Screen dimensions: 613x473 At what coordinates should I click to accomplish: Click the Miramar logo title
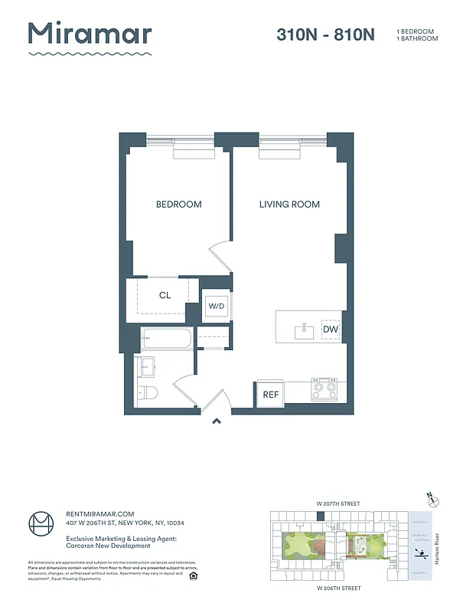[x=90, y=34]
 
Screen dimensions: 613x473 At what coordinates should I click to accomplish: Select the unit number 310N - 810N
[x=325, y=34]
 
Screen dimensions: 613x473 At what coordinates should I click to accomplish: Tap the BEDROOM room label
[x=178, y=205]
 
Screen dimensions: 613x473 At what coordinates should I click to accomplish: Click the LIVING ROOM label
[x=289, y=205]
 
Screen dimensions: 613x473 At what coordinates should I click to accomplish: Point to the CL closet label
[x=165, y=295]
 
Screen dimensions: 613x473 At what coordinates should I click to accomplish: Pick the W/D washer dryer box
[x=217, y=306]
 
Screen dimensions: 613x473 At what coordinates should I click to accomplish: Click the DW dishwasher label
[x=331, y=329]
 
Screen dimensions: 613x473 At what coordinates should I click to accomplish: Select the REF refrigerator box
[x=270, y=395]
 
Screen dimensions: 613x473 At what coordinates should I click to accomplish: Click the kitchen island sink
[x=304, y=331]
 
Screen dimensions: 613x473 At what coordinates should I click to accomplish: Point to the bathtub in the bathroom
[x=166, y=338]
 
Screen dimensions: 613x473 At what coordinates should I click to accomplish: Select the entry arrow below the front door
[x=217, y=420]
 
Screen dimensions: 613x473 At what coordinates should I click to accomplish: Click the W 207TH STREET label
[x=338, y=503]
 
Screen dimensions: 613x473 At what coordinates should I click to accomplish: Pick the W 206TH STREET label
[x=338, y=588]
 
